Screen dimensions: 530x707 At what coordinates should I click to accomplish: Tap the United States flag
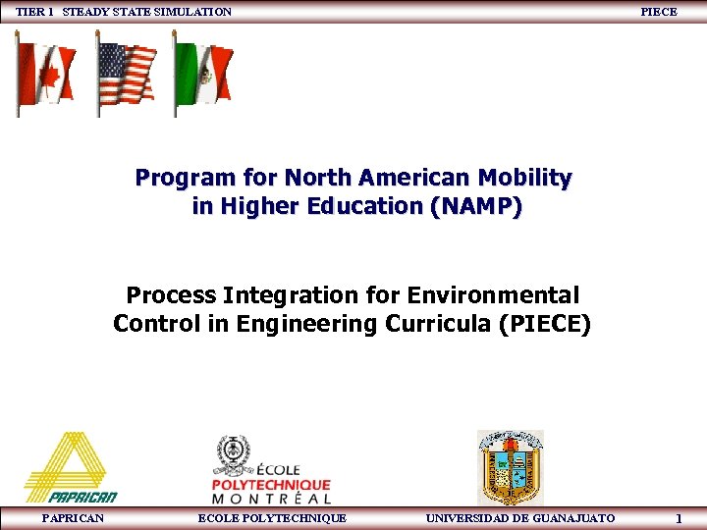(127, 74)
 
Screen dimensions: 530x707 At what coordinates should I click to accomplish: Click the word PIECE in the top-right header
(658, 12)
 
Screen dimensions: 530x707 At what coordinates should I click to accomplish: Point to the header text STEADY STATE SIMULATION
(147, 12)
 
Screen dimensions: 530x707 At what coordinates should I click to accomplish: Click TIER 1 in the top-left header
(35, 12)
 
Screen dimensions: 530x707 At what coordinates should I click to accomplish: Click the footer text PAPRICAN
(73, 517)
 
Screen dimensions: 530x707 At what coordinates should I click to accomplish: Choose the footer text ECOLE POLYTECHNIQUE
(272, 517)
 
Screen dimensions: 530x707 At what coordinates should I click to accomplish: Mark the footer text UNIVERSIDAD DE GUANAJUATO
(519, 517)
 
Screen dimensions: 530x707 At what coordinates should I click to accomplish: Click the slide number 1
(679, 517)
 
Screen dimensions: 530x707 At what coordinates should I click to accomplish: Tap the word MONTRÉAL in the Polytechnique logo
(271, 499)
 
